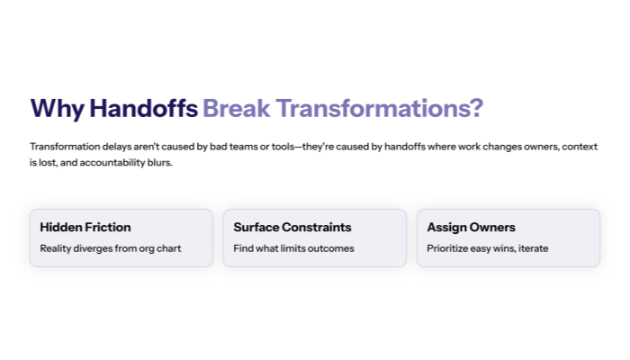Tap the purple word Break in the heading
point(236,108)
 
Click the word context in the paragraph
point(577,146)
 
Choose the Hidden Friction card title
point(85,228)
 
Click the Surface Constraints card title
point(292,228)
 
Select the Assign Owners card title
point(471,228)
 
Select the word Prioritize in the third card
point(449,248)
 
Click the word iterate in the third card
point(532,248)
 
